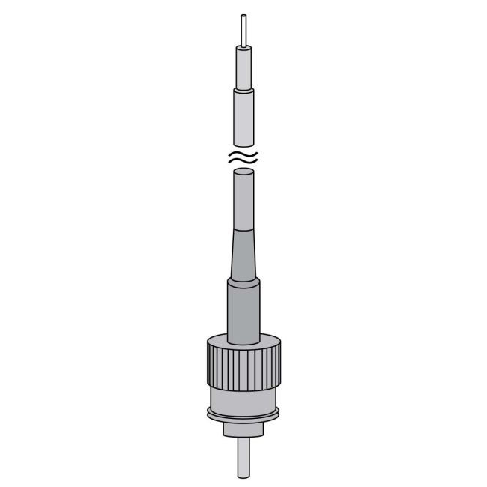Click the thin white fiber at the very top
[x=243, y=30]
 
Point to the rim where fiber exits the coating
[x=243, y=46]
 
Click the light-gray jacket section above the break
[x=243, y=116]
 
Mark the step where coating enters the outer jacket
[x=243, y=89]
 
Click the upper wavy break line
[x=243, y=153]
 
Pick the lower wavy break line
[x=243, y=161]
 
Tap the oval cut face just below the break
[x=243, y=172]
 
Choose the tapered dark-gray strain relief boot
[x=243, y=255]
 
